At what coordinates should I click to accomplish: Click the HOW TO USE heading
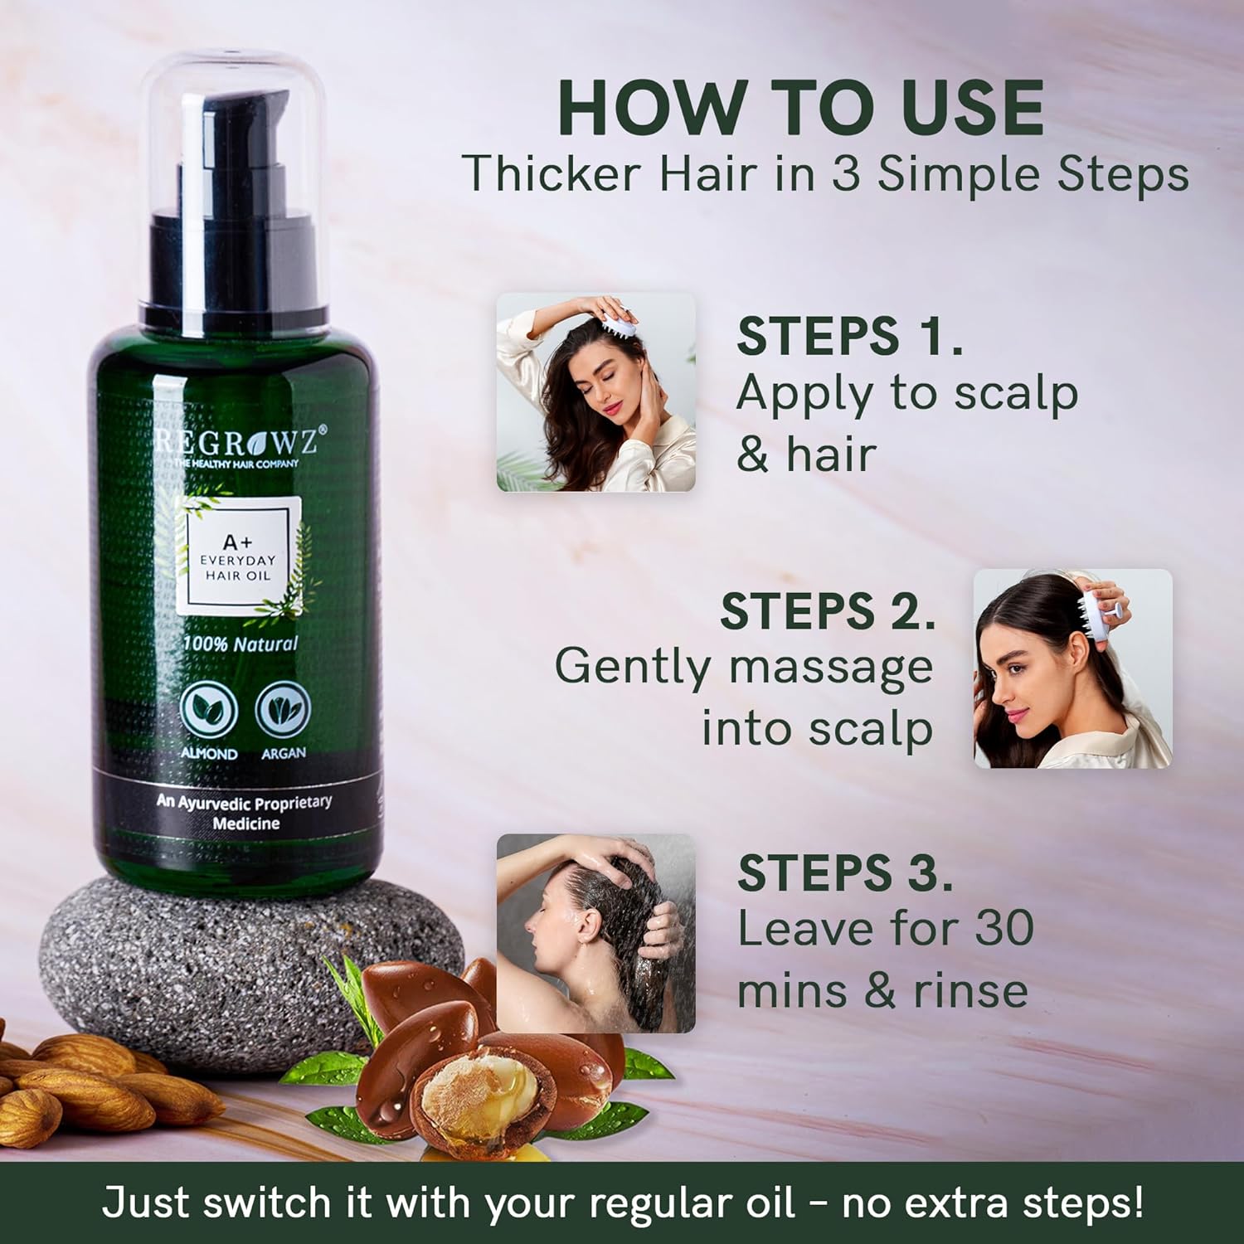click(801, 108)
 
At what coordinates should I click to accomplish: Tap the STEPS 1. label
click(849, 336)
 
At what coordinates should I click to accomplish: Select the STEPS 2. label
click(827, 611)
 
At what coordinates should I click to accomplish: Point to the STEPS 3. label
click(844, 872)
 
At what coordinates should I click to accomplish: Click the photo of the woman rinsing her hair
click(595, 933)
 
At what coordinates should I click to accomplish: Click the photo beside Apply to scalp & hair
click(595, 391)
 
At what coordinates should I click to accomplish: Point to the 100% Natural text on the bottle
click(240, 644)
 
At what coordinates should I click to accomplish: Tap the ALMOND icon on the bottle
click(209, 712)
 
